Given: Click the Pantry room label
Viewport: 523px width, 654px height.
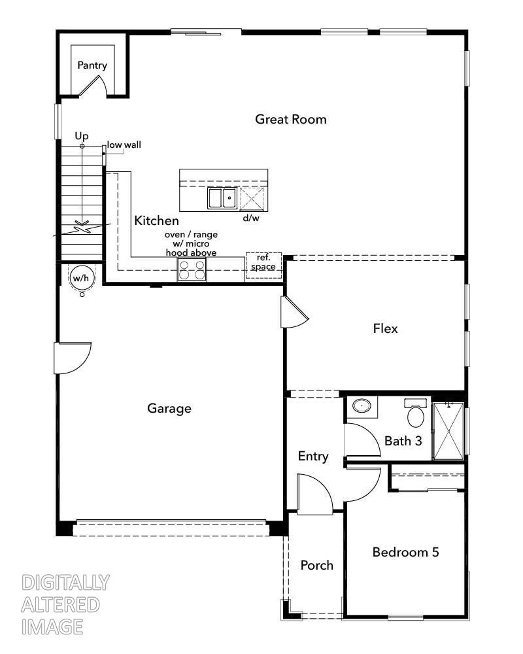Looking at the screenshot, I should pos(92,65).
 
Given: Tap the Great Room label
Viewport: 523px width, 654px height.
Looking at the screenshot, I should pos(290,119).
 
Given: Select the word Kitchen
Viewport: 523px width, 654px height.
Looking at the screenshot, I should pos(156,221).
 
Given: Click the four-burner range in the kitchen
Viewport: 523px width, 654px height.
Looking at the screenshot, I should pos(192,269).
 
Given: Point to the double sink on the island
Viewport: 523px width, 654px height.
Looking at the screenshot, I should pos(222,198).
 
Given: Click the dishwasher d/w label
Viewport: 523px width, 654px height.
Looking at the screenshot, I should pos(251,218).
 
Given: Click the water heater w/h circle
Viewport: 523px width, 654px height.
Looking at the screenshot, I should pos(81,279).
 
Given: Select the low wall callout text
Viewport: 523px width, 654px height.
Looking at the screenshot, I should pos(124,145).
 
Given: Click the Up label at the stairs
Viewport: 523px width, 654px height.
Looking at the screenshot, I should pos(81,135).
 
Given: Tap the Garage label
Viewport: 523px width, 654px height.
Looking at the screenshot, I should pos(169,409).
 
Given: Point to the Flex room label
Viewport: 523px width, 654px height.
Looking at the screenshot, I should pos(385,328).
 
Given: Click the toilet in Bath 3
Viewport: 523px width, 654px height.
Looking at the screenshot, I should pos(415,413).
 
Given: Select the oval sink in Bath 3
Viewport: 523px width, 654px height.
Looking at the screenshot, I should pos(360,406).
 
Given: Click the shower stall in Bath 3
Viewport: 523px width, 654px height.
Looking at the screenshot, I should pos(448,431).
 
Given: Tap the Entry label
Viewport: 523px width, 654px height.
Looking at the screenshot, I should pos(312,456).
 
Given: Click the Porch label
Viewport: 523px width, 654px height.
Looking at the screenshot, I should pos(316,565).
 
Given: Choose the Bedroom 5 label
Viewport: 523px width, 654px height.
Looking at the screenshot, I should pos(405,552).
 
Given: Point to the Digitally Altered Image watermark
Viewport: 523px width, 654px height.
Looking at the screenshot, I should pos(65,604).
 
